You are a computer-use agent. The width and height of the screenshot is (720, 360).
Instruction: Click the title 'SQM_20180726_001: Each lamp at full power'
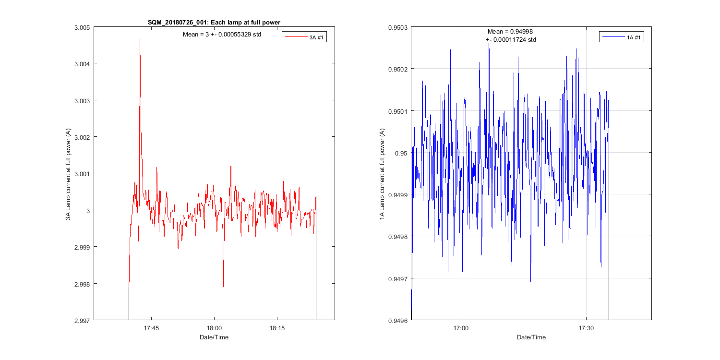pyautogui.click(x=214, y=22)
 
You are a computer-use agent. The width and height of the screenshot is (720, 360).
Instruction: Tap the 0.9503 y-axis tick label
pyautogui.click(x=398, y=27)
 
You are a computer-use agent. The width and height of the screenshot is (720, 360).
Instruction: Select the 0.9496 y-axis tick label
pyautogui.click(x=398, y=320)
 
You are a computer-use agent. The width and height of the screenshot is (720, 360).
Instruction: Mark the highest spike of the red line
pyautogui.click(x=140, y=38)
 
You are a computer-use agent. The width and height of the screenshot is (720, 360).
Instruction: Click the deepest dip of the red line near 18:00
pyautogui.click(x=223, y=287)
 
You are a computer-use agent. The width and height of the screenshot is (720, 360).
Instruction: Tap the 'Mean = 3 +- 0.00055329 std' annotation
pyautogui.click(x=222, y=35)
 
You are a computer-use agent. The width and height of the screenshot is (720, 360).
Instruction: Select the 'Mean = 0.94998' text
pyautogui.click(x=510, y=32)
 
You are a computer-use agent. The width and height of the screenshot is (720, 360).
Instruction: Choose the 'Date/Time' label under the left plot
pyautogui.click(x=214, y=337)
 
